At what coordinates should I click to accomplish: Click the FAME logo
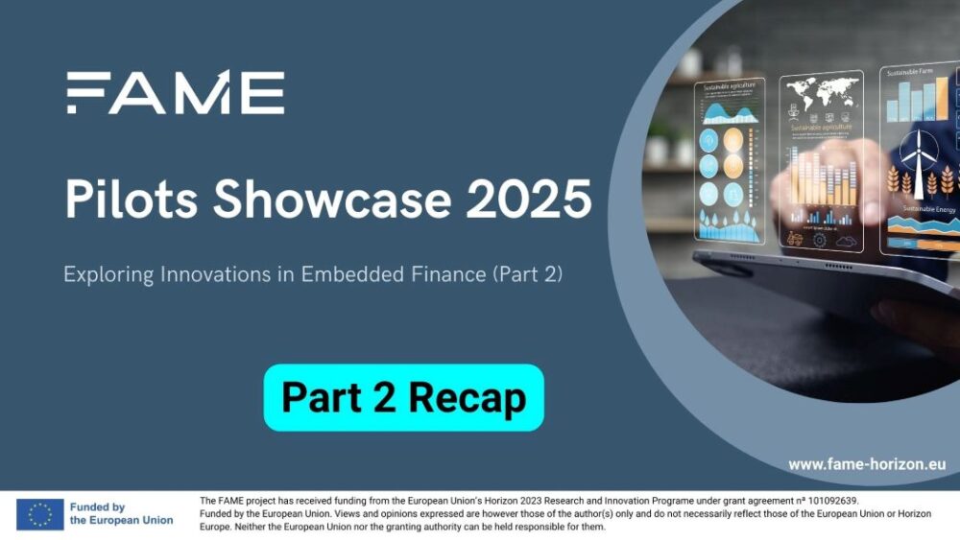point(176,93)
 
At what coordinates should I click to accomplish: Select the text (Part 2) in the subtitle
point(526,274)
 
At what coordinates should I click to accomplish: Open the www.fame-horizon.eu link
point(867,464)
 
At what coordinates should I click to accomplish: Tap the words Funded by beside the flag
point(97,507)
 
